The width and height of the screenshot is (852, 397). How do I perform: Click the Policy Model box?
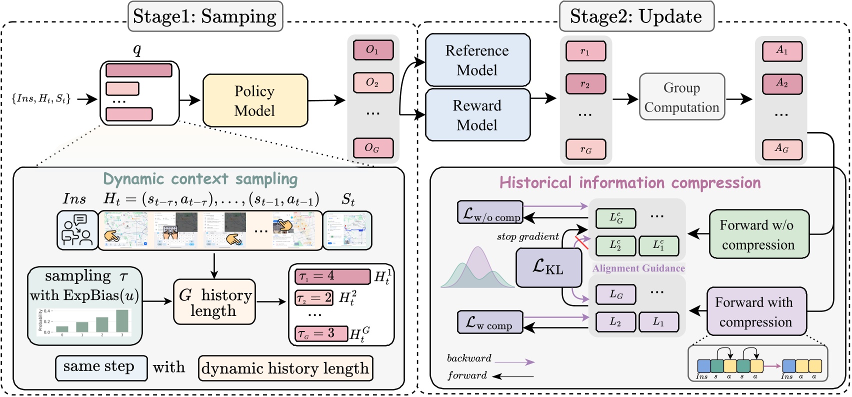[255, 100]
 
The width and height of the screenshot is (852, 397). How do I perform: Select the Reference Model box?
[477, 60]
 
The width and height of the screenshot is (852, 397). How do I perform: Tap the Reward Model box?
[477, 115]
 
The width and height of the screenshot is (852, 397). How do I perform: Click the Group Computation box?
[681, 97]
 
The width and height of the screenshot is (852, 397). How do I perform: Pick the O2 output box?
[373, 82]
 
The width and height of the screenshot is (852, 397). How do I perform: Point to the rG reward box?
[585, 149]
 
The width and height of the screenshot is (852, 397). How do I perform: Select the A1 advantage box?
[782, 51]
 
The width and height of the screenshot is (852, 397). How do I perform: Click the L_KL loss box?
[548, 267]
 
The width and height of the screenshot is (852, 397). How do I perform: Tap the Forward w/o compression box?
[758, 234]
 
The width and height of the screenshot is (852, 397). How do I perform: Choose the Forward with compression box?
[756, 311]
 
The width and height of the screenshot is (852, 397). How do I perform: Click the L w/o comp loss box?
[490, 213]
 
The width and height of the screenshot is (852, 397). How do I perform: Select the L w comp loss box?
[489, 322]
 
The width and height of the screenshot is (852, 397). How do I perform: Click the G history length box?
[214, 302]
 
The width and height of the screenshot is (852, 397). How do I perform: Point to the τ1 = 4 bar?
[332, 276]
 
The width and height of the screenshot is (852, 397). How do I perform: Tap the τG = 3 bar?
[321, 333]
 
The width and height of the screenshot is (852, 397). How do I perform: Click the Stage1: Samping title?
[204, 16]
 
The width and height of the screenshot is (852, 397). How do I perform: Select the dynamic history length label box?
[285, 368]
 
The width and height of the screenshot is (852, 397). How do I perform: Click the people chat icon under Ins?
[77, 230]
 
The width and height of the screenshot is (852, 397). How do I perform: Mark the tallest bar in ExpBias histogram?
[122, 320]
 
